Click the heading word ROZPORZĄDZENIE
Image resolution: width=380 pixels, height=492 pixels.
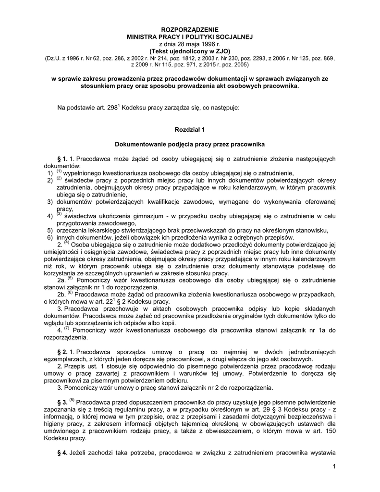click(x=189, y=30)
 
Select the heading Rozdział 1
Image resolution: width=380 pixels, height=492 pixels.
click(x=189, y=129)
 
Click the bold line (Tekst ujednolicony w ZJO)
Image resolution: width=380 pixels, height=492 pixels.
click(x=189, y=50)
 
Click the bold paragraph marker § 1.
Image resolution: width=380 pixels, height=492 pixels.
click(x=62, y=158)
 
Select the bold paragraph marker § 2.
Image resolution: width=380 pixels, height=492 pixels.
click(x=62, y=352)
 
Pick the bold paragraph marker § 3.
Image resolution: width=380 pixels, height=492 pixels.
click(x=62, y=401)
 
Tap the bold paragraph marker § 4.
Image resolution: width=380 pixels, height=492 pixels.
click(x=62, y=453)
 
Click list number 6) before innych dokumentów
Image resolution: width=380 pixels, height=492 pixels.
click(x=49, y=237)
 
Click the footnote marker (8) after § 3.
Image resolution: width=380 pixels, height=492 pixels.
click(x=72, y=399)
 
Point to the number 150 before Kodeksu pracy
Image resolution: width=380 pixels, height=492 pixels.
click(x=330, y=431)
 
